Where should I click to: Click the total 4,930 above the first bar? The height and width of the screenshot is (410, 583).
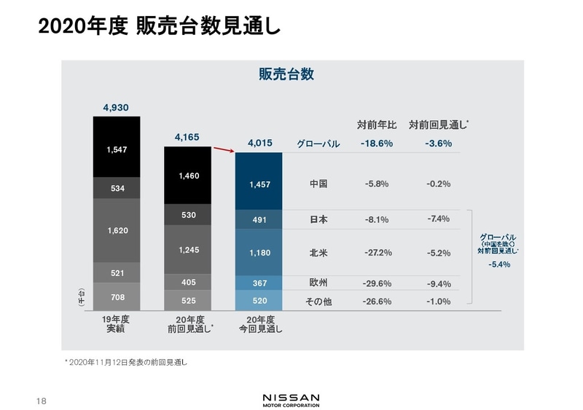(116, 107)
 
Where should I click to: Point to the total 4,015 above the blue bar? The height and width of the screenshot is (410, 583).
(259, 143)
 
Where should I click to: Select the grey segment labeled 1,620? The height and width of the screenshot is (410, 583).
(116, 230)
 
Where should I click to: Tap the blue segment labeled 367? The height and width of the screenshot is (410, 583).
(259, 283)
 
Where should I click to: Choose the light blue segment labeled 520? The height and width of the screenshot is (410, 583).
(259, 300)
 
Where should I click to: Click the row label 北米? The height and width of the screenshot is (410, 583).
(318, 253)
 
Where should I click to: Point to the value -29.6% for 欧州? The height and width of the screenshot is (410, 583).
(377, 284)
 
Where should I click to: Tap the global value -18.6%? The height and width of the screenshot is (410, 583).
(376, 144)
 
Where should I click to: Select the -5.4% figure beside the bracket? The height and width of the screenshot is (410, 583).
(499, 265)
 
